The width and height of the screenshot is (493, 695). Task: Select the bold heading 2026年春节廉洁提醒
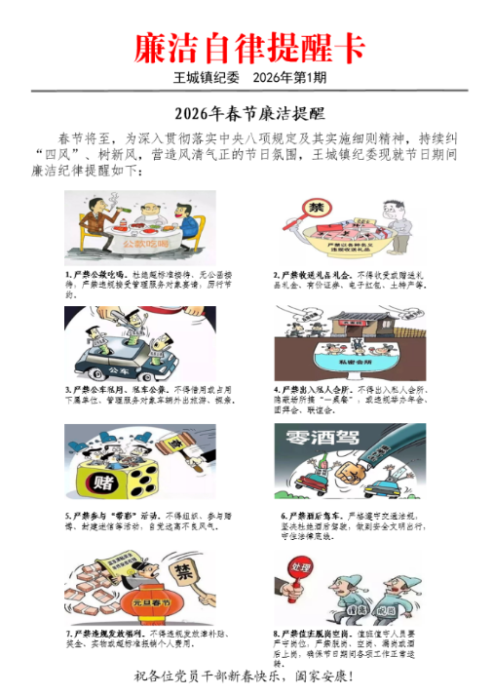point(248,112)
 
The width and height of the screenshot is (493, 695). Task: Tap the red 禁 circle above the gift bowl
point(316,211)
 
